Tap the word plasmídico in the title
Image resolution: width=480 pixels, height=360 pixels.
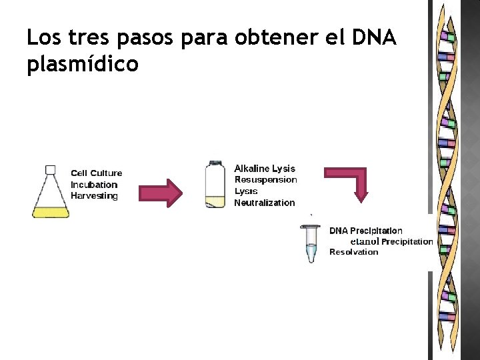83,65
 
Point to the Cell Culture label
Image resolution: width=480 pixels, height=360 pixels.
97,173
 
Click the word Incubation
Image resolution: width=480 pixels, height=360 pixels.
94,185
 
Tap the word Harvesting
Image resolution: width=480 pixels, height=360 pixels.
94,196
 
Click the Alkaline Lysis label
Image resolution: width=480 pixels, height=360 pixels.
265,169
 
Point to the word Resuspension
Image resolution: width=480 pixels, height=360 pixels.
265,180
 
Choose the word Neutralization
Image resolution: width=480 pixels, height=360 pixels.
264,203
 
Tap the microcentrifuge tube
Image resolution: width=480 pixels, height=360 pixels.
311,243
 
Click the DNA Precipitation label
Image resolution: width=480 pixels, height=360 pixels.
366,231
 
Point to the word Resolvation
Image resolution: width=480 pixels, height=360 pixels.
353,252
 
